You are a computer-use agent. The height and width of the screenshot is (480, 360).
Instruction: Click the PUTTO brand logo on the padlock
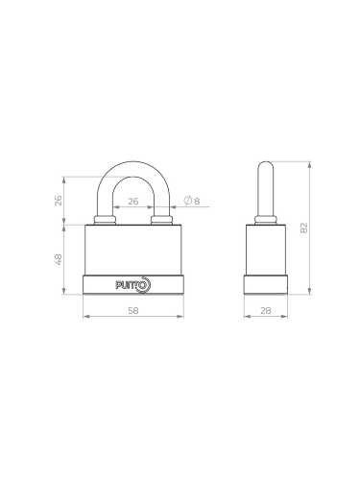133,284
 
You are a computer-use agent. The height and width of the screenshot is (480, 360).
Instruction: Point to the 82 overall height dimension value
305,228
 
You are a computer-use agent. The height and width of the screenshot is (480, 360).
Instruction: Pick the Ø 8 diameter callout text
191,201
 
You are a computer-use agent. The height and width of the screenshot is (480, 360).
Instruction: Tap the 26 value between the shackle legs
133,201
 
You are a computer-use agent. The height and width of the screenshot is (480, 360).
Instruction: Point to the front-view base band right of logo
168,284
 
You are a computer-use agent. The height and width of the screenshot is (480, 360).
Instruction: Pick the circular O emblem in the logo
145,283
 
